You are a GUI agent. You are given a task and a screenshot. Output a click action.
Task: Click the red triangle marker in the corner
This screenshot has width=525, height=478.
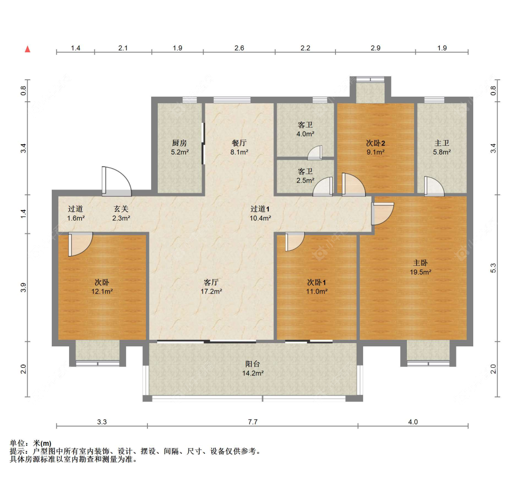[28, 49]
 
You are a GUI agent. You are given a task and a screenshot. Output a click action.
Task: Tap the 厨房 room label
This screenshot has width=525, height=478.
[180, 143]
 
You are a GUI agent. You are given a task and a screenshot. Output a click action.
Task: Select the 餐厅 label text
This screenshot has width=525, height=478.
[239, 143]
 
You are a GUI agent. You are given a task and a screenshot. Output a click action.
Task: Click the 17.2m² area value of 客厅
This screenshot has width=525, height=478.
[212, 291]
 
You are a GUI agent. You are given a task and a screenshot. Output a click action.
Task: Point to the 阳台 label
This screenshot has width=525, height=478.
[253, 364]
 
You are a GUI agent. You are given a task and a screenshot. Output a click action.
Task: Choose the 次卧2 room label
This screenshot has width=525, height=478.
[375, 143]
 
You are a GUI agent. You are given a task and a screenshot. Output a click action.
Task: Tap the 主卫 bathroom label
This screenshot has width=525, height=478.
[441, 143]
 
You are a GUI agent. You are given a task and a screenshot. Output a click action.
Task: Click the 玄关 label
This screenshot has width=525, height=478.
[121, 209]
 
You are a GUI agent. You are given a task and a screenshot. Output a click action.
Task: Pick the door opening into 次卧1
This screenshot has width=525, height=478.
[294, 241]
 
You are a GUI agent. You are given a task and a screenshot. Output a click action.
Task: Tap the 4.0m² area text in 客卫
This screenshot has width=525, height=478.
[305, 134]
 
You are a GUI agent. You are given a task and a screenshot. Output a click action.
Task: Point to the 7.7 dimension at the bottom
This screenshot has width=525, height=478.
[252, 422]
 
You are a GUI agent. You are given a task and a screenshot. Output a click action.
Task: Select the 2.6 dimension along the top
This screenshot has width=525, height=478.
[239, 48]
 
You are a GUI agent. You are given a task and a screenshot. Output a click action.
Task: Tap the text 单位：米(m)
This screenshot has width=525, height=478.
[30, 443]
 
